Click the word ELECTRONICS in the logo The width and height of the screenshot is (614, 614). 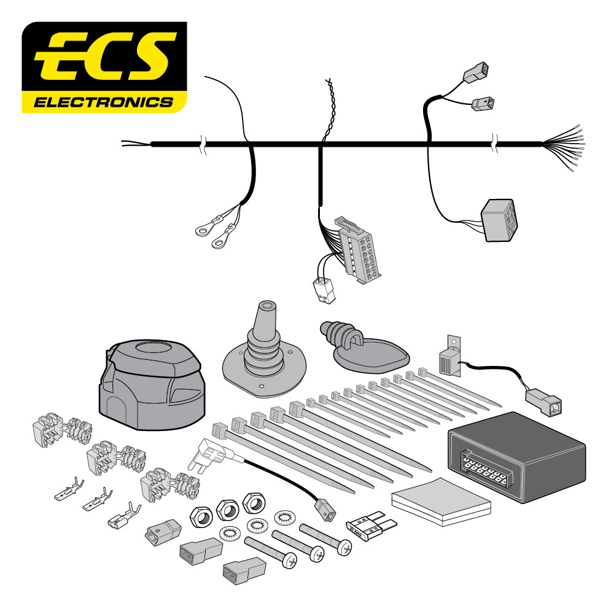click(x=103, y=101)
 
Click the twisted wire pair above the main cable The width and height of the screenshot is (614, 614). click(x=328, y=111)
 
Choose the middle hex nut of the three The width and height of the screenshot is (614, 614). click(x=227, y=507)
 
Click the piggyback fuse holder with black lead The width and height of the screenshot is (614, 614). click(x=211, y=454)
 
